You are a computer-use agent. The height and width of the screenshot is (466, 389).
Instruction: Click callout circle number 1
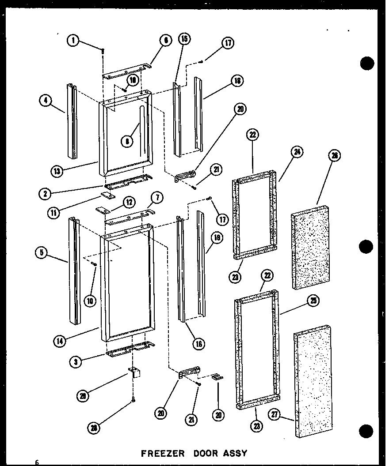point(73,41)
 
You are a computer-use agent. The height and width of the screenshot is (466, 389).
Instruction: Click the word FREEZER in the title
point(160,453)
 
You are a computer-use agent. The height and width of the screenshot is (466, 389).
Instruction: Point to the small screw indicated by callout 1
point(103,52)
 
